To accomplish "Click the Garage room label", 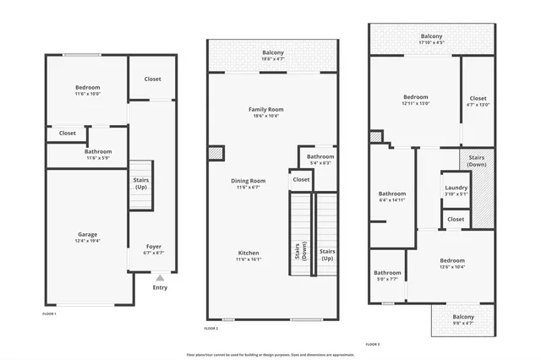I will click(x=88, y=237).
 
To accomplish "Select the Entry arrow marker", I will click(x=160, y=276).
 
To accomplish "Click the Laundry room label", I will click(x=455, y=189).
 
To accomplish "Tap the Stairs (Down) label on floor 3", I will click(x=477, y=161).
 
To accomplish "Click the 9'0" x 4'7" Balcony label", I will click(x=462, y=319).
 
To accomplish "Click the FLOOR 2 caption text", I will click(x=211, y=328).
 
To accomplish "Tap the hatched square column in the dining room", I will click(x=216, y=153).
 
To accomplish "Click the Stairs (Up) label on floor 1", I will click(x=142, y=183).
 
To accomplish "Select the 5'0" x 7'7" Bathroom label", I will click(x=388, y=275).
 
